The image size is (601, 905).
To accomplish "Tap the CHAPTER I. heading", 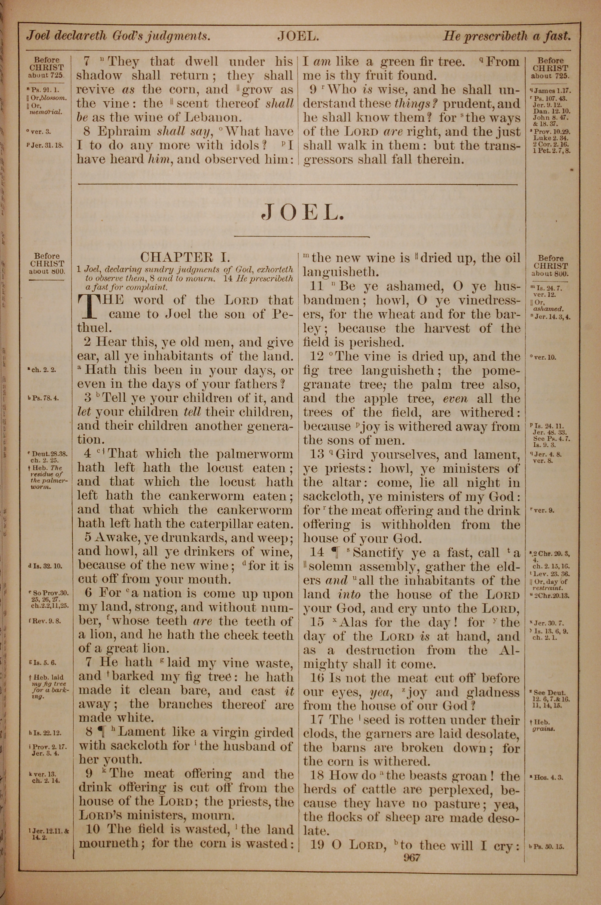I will click(x=185, y=257).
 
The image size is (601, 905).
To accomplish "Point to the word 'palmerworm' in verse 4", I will click(x=255, y=454).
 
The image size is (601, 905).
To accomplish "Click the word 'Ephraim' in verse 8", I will click(x=124, y=131).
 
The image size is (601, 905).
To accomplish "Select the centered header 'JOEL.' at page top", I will click(x=298, y=37).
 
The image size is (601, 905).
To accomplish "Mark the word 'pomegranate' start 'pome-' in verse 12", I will click(x=501, y=371).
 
